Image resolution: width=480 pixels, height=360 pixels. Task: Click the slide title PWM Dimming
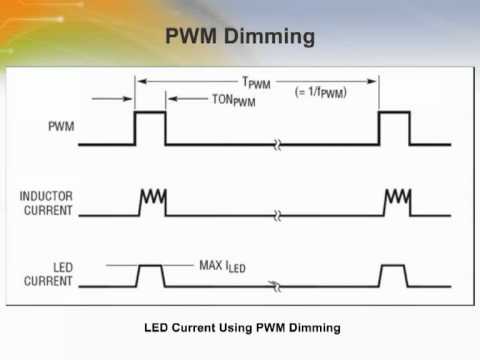coord(239,39)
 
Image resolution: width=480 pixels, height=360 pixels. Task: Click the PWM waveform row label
coord(60,128)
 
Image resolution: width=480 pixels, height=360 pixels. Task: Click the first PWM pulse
coord(150,129)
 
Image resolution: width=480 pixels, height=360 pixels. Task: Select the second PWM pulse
coord(394,129)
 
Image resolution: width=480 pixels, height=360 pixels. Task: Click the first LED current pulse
coord(150,275)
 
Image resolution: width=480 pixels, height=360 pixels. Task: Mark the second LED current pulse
coord(393,275)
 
